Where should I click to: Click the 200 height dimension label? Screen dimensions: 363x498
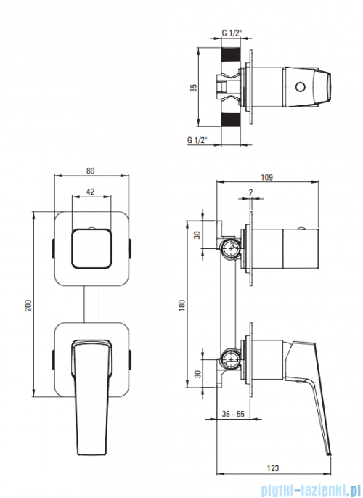pos(28,305)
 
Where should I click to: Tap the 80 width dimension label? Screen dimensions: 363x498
pos(91,171)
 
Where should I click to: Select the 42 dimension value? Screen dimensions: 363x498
pos(91,192)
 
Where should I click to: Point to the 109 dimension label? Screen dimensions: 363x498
pos(266,177)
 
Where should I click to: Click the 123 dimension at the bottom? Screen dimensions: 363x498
pos(273,468)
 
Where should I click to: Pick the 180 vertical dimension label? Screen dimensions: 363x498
pos(181,305)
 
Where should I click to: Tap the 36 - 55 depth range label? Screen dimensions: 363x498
pos(233,414)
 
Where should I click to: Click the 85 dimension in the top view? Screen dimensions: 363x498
pos(193,88)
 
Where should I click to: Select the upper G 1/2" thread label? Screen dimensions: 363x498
pos(232,33)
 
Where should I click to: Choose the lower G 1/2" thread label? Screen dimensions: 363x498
pos(197,139)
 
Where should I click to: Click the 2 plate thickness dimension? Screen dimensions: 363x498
pos(251,192)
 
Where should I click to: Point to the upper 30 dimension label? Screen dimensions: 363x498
pos(197,235)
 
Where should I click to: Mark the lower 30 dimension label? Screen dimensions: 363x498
pos(197,374)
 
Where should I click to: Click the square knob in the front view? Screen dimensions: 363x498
pos(92,248)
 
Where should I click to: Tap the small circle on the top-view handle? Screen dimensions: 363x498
pos(300,86)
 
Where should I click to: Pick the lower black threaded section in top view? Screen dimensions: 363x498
pos(231,119)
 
